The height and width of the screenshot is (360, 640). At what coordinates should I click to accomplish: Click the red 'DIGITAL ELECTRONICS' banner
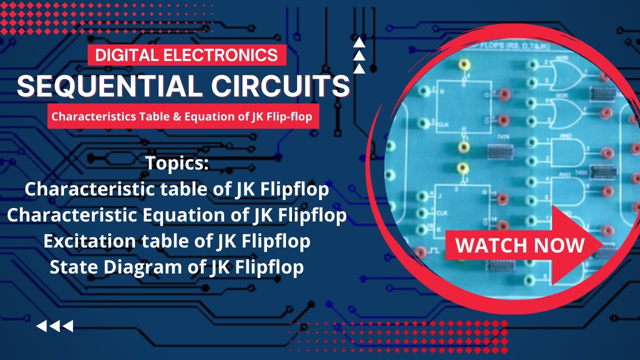click(186, 54)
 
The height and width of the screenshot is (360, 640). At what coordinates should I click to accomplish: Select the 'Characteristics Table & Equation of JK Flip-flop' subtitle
click(182, 117)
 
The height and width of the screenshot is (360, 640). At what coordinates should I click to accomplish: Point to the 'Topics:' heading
click(177, 163)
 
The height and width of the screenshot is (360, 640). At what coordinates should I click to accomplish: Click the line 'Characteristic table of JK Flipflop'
click(177, 189)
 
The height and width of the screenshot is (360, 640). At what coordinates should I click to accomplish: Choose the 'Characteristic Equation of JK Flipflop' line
click(177, 215)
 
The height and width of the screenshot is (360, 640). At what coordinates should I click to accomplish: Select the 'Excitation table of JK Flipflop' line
click(177, 241)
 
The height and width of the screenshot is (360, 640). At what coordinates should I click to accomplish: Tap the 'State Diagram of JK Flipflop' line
click(177, 267)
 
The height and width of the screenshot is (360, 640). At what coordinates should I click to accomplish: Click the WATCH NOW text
click(520, 245)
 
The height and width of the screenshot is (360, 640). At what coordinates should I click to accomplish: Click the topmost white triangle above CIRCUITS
click(359, 43)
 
